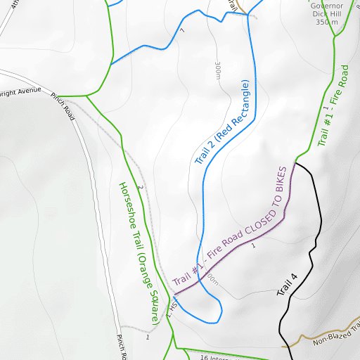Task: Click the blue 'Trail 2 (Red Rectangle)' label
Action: [x=223, y=123]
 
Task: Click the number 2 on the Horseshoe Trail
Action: [x=140, y=187]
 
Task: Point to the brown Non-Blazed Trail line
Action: [x=302, y=340]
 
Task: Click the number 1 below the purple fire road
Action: [x=252, y=247]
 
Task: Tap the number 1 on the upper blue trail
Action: [x=182, y=30]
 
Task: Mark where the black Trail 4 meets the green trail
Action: [x=296, y=162]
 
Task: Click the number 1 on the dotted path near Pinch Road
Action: [x=148, y=337]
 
